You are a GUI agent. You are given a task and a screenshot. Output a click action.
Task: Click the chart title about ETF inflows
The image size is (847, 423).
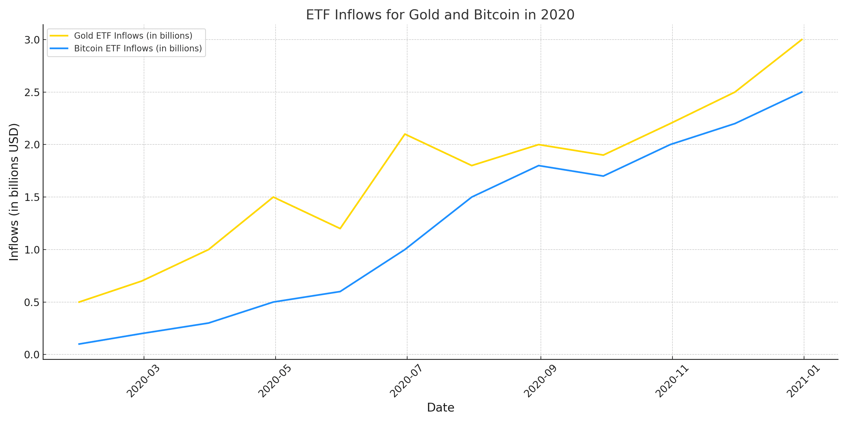[440, 15]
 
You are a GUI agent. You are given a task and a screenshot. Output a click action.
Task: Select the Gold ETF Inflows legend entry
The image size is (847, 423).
[133, 35]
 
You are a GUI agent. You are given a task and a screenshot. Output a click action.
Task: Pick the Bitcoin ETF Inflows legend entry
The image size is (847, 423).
[138, 48]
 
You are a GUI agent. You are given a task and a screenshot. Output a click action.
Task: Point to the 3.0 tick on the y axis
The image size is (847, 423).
[31, 40]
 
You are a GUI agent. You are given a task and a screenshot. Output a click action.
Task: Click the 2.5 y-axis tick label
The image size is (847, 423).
[31, 92]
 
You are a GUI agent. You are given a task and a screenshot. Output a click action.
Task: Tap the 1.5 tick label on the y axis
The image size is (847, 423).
[31, 197]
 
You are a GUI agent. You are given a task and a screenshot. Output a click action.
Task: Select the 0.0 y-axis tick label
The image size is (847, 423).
[31, 355]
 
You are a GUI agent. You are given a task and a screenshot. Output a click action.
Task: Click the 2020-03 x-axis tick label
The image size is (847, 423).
[143, 381]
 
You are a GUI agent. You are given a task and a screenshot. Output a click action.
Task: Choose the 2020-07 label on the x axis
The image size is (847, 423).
[406, 381]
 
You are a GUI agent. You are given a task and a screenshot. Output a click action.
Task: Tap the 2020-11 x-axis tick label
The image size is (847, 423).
[672, 381]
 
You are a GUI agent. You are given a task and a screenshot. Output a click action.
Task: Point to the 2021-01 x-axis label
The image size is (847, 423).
[803, 381]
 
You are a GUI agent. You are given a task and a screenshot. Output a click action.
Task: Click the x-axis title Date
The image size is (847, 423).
[440, 408]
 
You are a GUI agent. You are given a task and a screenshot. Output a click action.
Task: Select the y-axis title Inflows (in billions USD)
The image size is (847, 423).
[14, 192]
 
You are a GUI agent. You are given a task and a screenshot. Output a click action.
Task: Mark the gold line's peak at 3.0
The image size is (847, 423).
[802, 40]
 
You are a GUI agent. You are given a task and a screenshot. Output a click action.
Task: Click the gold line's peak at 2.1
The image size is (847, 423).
[405, 134]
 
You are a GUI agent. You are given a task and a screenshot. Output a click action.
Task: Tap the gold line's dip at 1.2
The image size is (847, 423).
[340, 229]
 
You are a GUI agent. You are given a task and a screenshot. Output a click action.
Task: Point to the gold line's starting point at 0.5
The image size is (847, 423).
[79, 302]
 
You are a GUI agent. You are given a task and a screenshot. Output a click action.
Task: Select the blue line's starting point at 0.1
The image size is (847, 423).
[79, 344]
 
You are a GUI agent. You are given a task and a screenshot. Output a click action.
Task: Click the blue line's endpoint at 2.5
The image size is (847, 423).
[802, 92]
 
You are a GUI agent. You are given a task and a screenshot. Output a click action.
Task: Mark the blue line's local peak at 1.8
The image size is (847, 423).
[538, 166]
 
